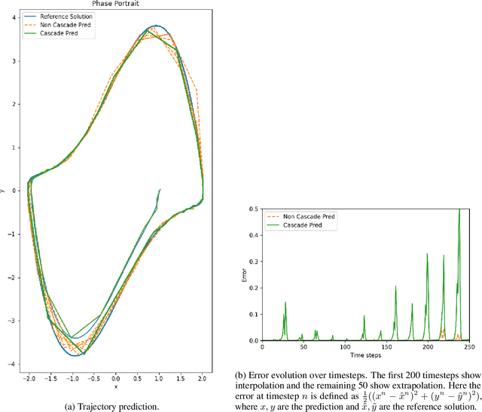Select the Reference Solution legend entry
tap(68, 15)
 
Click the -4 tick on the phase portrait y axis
tap(14, 365)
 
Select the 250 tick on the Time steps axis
tap(468, 346)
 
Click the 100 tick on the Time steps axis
tap(344, 346)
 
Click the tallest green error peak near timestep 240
tap(459, 211)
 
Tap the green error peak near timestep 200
tap(427, 255)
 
